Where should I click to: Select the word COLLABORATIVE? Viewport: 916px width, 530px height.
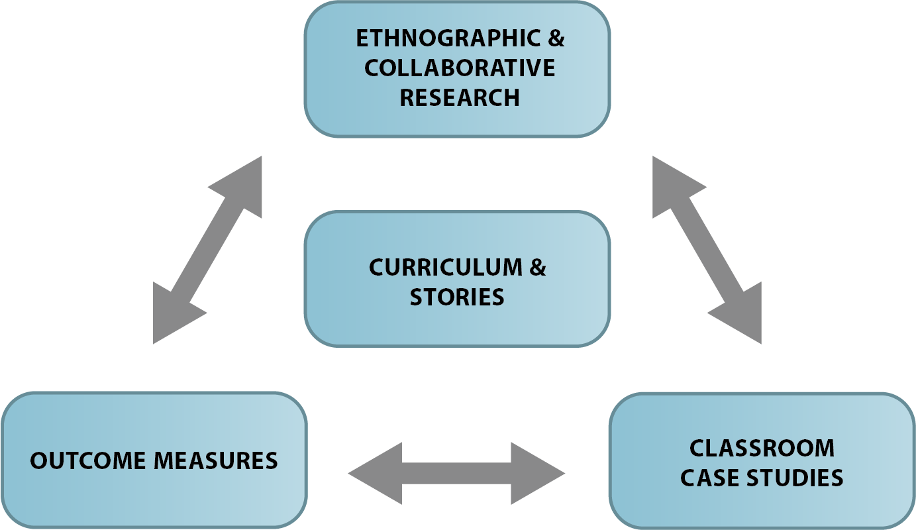460,68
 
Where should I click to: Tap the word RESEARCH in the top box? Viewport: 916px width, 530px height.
460,97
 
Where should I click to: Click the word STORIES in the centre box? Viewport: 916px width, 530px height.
457,296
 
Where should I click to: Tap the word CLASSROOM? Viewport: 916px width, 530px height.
762,448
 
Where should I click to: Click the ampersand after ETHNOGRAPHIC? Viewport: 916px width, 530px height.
556,38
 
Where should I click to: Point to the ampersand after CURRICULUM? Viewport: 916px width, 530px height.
537,267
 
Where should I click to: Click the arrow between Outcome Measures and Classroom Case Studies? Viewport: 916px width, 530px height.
456,474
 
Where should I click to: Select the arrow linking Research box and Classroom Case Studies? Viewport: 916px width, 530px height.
707,249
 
